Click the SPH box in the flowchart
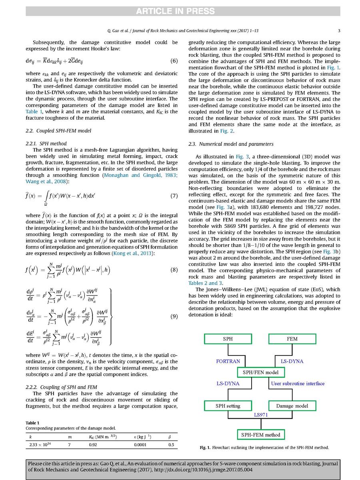[x=226, y=339]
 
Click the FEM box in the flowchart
[x=292, y=339]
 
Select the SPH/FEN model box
[x=260, y=372]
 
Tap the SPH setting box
[x=228, y=406]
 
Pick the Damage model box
[x=292, y=406]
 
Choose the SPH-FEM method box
[x=260, y=434]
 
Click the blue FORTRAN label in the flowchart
[x=228, y=361]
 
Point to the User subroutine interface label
[x=298, y=383]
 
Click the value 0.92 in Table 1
[x=94, y=444]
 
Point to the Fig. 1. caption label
[x=208, y=447]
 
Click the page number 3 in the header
[x=339, y=30]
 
